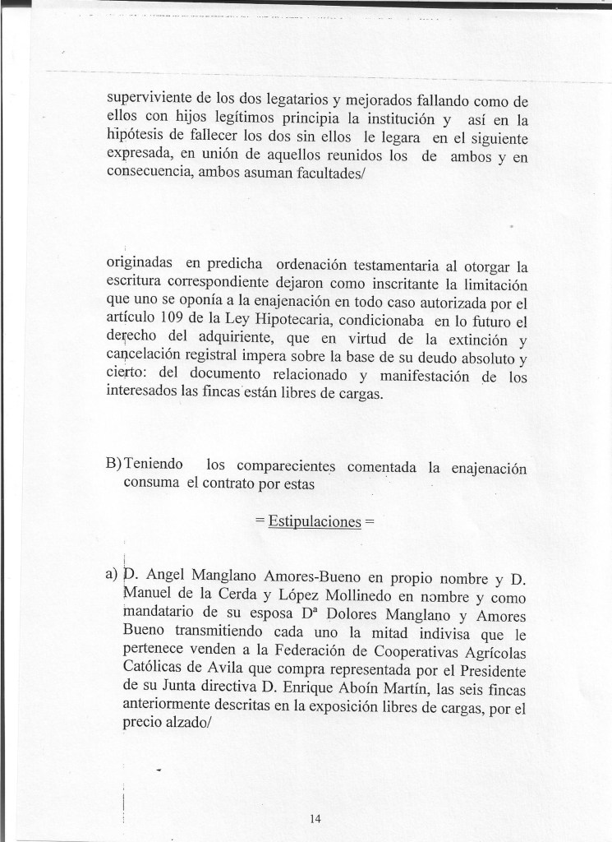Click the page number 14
click(315, 818)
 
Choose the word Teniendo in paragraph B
click(154, 467)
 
